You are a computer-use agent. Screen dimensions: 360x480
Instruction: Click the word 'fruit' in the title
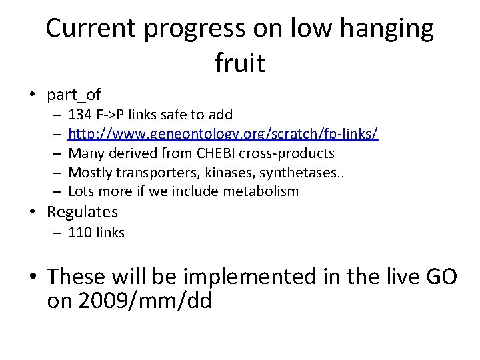(x=240, y=63)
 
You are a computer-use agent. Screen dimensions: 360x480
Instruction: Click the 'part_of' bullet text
(x=73, y=95)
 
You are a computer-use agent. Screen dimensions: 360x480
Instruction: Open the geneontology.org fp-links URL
(x=223, y=135)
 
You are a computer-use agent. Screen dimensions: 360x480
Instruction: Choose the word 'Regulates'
(x=83, y=212)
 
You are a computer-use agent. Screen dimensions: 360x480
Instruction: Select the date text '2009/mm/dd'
(x=145, y=301)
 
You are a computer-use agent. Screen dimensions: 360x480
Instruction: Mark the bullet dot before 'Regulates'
(x=33, y=213)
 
